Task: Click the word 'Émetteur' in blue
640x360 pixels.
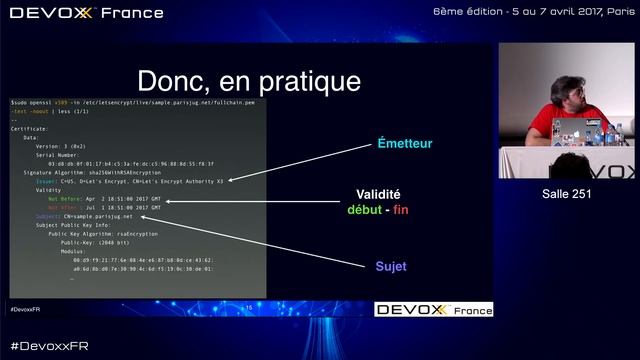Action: click(x=404, y=144)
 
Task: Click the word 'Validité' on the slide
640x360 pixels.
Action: click(x=378, y=195)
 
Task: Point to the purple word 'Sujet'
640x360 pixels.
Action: click(x=391, y=267)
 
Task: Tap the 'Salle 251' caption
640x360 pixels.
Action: click(x=566, y=193)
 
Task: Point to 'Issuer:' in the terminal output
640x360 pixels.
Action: click(x=49, y=181)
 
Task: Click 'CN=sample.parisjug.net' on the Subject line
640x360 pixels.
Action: click(x=99, y=216)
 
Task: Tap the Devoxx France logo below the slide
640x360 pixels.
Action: click(x=433, y=310)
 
